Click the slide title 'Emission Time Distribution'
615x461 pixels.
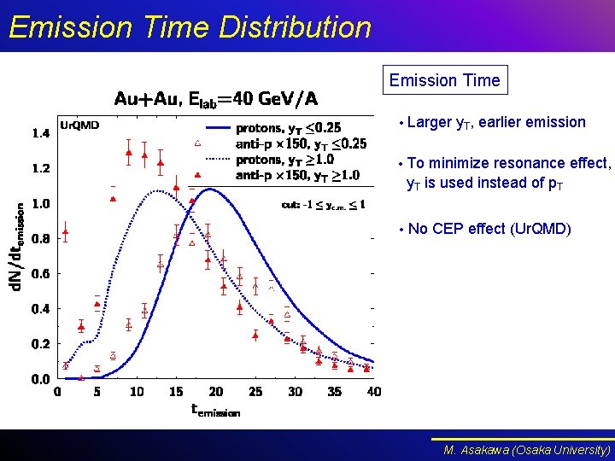click(x=190, y=27)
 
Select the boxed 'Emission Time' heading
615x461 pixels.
click(x=444, y=80)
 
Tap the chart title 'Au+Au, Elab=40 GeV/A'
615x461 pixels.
click(x=216, y=99)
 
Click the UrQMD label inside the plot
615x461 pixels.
click(x=79, y=125)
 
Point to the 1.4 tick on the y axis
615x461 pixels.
click(x=40, y=133)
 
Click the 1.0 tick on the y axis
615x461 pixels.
click(x=40, y=203)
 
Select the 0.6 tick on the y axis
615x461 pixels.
click(x=40, y=273)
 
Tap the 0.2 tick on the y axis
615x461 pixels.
click(x=40, y=343)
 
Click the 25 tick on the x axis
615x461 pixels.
click(x=255, y=392)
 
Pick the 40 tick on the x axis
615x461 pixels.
click(x=374, y=392)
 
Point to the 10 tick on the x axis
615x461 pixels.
click(x=137, y=392)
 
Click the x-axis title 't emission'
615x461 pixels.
click(x=215, y=410)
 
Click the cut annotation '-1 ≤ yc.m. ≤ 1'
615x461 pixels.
click(x=324, y=204)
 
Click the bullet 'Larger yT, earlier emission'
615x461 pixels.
click(x=496, y=122)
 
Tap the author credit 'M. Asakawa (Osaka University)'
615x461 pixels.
click(x=527, y=449)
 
